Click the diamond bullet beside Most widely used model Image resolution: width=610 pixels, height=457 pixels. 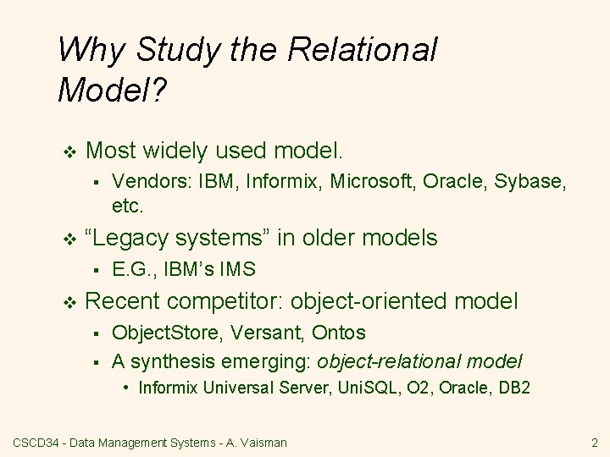coord(69,151)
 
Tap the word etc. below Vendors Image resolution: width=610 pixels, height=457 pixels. coord(129,205)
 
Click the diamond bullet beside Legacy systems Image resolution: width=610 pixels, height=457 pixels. coord(69,240)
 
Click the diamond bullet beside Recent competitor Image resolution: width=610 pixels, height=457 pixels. coord(69,301)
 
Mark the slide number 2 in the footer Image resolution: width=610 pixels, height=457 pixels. coord(594,442)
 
